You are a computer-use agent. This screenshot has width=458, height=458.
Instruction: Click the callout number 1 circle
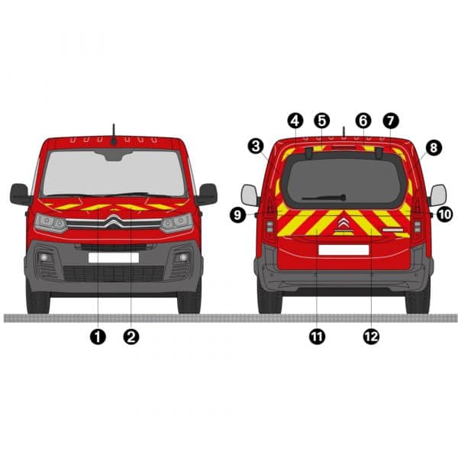coord(98,337)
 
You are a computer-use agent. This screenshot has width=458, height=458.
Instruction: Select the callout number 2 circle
coord(131,337)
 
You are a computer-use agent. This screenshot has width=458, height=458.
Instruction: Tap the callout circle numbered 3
coord(256,146)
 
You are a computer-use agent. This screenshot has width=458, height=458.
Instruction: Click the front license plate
coord(114,258)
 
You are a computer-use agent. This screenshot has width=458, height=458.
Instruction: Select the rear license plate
coord(343,250)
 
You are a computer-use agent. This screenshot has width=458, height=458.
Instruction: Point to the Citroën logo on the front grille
coord(114,221)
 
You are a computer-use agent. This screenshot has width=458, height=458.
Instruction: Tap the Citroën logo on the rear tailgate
coord(343,224)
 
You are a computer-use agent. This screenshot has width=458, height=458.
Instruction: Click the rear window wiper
coord(324,198)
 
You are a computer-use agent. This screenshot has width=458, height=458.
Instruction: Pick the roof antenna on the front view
coord(114,135)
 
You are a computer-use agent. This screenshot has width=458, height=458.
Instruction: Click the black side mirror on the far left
coord(20,194)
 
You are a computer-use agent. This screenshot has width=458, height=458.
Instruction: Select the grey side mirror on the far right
coord(437,195)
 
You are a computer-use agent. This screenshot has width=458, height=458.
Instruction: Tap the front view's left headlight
coord(50,223)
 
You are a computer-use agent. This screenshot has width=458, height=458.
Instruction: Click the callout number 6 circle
coord(363,121)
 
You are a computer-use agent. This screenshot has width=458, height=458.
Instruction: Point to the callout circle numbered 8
coord(434,147)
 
